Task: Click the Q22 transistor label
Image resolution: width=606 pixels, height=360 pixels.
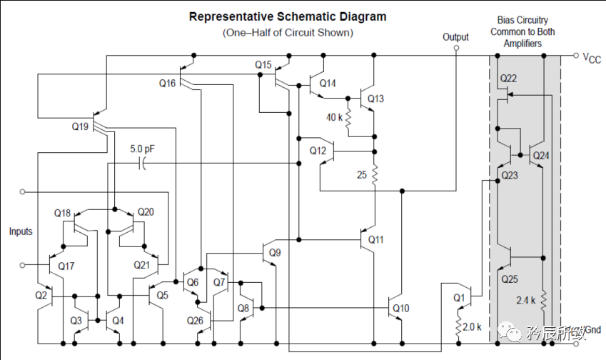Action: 508,78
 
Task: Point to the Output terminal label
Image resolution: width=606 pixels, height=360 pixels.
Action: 455,37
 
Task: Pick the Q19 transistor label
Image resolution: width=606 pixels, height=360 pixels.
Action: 81,126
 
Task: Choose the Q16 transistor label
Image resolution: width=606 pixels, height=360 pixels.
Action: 167,84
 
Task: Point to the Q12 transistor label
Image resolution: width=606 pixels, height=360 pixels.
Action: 318,151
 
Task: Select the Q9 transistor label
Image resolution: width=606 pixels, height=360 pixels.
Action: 276,252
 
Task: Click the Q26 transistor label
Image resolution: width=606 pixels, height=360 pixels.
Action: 195,320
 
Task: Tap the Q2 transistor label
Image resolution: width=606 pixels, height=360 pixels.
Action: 41,295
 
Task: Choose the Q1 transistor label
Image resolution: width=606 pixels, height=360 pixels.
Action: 458,297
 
